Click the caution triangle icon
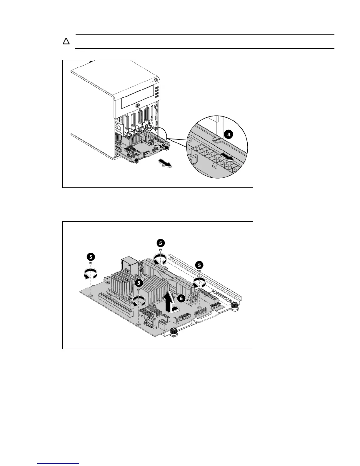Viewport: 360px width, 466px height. click(x=66, y=41)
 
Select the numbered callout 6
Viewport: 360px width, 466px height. click(x=181, y=298)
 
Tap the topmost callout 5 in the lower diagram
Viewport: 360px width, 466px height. click(x=160, y=243)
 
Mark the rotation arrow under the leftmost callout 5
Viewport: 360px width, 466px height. click(x=91, y=274)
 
